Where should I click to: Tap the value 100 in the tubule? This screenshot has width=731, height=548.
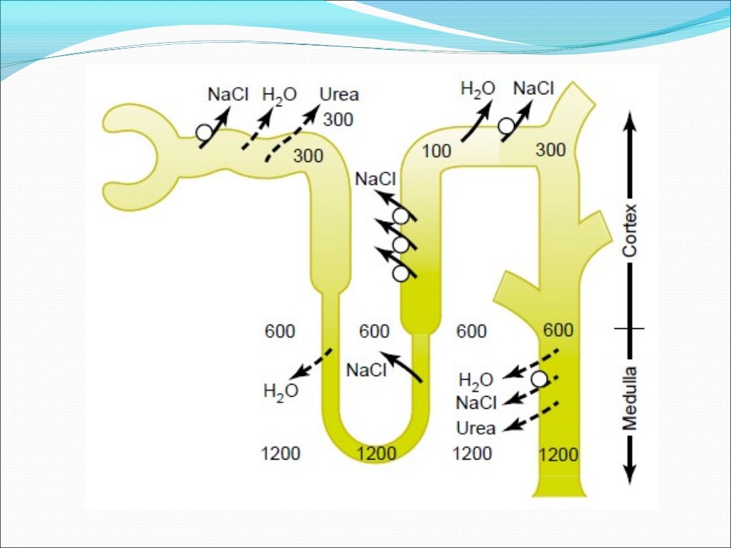436,151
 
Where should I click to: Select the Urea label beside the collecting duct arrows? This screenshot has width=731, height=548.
475,428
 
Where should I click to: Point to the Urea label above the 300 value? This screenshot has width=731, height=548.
339,94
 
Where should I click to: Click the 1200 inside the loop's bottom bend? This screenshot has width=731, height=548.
376,454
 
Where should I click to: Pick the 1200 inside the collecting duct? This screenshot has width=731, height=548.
558,455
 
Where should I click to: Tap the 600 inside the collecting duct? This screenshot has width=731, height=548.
558,330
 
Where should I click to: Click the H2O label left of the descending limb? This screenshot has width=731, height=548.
281,391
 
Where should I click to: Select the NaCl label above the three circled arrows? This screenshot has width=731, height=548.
375,178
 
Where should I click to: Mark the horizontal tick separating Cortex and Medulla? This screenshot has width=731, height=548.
629,328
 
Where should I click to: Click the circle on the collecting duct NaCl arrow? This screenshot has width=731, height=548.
539,379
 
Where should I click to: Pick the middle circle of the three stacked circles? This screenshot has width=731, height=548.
400,245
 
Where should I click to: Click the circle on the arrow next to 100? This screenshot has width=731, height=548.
506,126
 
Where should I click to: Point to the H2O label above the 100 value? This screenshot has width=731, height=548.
478,89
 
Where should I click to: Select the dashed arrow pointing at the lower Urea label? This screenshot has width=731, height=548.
532,417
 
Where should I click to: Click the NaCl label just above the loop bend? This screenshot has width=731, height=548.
365,370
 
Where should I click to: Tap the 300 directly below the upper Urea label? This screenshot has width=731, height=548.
338,119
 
